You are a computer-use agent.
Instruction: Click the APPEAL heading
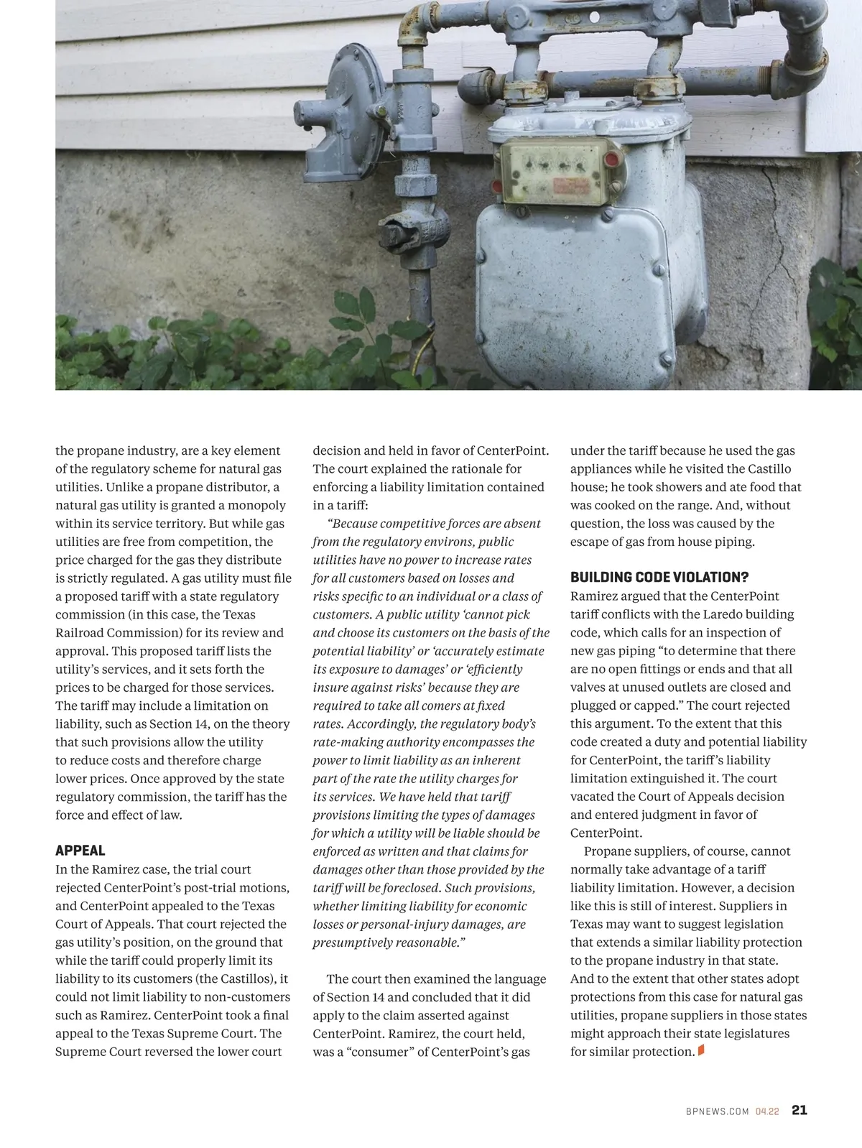(80, 851)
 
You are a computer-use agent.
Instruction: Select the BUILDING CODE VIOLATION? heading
(659, 578)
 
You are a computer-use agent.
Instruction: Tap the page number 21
(800, 1110)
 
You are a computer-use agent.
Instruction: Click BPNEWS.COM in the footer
(718, 1111)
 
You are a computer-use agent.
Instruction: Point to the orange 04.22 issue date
(767, 1111)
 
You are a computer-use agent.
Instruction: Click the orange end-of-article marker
(701, 1051)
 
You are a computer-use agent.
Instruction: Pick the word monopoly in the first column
(256, 505)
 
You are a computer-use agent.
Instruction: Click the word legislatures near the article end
(754, 1034)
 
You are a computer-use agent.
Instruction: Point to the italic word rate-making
(347, 742)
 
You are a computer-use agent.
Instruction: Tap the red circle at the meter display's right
(611, 159)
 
